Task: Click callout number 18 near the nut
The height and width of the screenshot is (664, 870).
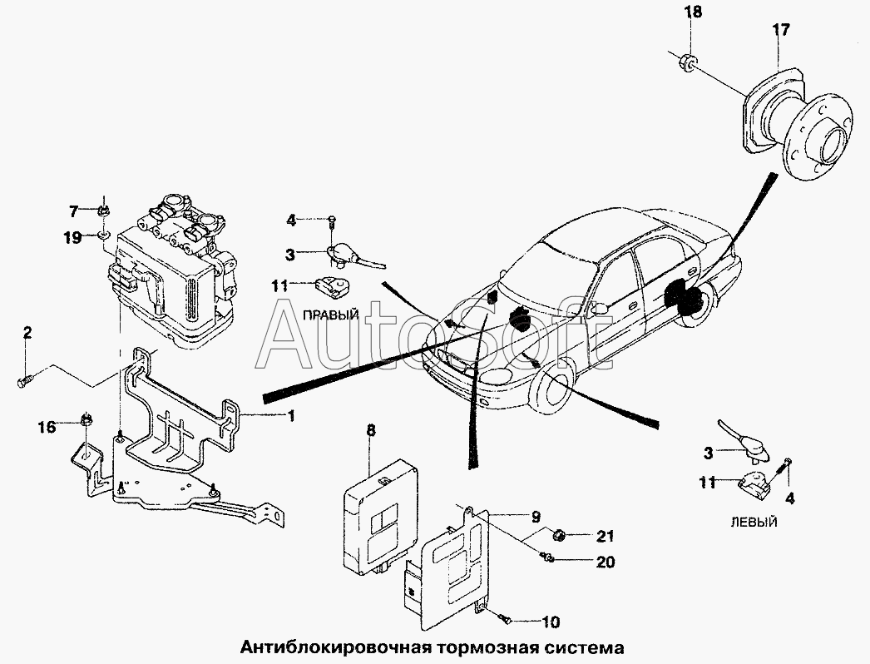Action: pyautogui.click(x=693, y=12)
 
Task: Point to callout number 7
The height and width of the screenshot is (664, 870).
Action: pyautogui.click(x=73, y=209)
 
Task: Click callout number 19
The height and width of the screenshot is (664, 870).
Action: pyautogui.click(x=72, y=237)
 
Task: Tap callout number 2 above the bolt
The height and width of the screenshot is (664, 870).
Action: pyautogui.click(x=27, y=334)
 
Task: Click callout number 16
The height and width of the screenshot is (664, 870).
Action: pyautogui.click(x=47, y=427)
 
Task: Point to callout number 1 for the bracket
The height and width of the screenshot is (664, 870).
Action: pyautogui.click(x=291, y=415)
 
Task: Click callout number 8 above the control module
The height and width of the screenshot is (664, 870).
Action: pyautogui.click(x=371, y=430)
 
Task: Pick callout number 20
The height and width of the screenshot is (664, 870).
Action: pyautogui.click(x=605, y=562)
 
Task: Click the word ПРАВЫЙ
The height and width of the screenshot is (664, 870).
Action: pyautogui.click(x=330, y=315)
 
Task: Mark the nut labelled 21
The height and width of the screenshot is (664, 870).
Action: pyautogui.click(x=561, y=533)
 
